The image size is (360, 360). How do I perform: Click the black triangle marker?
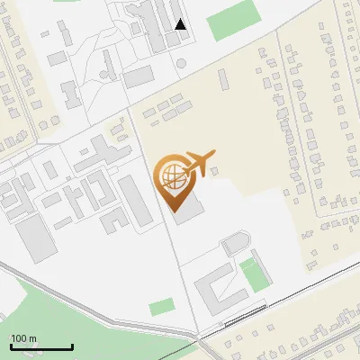pyautogui.click(x=181, y=24)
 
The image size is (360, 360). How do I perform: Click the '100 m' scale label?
pyautogui.click(x=24, y=338)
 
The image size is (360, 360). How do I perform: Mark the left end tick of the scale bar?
pyautogui.click(x=11, y=346)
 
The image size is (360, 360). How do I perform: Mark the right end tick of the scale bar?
pyautogui.click(x=72, y=346)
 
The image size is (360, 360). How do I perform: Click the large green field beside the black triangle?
pyautogui.click(x=233, y=19)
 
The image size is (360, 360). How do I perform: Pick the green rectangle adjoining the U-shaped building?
pyautogui.click(x=255, y=274)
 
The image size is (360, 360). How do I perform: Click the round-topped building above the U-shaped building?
pyautogui.click(x=234, y=244)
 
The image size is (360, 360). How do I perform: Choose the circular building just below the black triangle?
pyautogui.click(x=181, y=64)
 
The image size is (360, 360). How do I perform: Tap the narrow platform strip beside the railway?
pyautogui.click(x=244, y=314)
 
